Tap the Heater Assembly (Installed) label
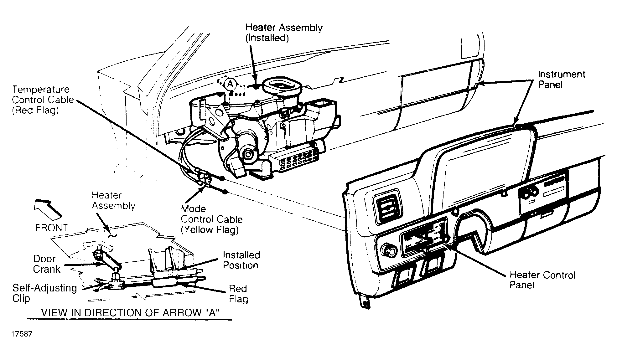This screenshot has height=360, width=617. (x=284, y=33)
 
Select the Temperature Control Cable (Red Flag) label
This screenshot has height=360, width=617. (x=43, y=100)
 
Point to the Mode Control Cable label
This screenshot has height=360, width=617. (x=212, y=219)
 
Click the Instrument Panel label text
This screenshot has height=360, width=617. (x=562, y=79)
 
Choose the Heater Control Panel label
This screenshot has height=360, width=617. (x=542, y=280)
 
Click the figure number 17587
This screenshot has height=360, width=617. (x=22, y=334)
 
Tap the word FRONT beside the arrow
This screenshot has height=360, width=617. (x=51, y=228)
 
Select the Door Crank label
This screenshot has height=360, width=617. (x=46, y=264)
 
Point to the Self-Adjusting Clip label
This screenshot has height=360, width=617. (x=44, y=293)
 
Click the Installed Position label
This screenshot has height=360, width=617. (x=241, y=260)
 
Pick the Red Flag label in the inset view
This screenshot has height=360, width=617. (x=238, y=294)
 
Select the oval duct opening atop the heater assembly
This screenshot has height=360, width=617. (x=282, y=85)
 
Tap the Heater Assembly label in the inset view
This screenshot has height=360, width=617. (x=113, y=200)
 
